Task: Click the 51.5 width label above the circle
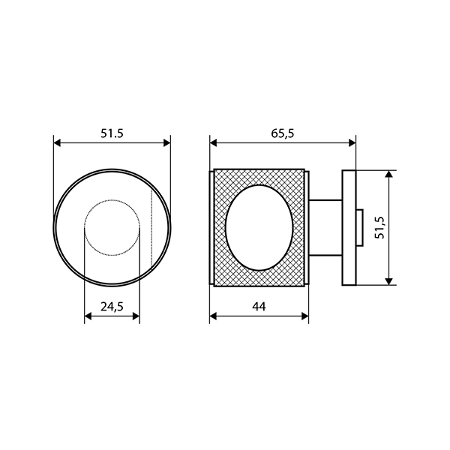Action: (x=112, y=133)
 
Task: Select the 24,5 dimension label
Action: (x=112, y=307)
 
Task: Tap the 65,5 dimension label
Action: (x=283, y=133)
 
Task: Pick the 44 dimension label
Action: (x=259, y=307)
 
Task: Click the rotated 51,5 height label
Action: (x=381, y=227)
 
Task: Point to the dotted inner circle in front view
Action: (x=112, y=199)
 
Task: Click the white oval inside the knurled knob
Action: (x=259, y=227)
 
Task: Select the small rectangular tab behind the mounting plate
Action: (x=359, y=227)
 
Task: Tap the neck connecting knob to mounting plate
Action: (x=325, y=227)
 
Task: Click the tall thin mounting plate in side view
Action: (x=349, y=228)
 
